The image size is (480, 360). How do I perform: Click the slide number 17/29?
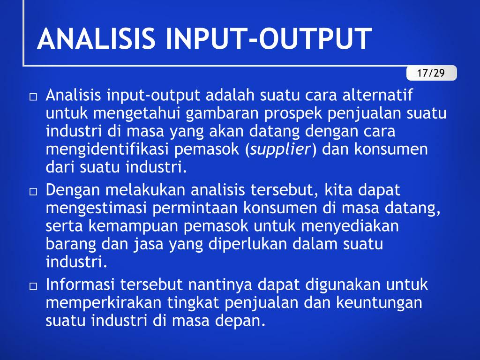[431, 73]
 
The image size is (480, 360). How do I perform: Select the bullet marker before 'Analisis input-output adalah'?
[33, 97]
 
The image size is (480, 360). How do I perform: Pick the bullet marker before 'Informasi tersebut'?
[33, 286]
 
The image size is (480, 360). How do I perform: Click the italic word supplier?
[280, 149]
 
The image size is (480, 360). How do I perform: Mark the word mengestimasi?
[96, 208]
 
